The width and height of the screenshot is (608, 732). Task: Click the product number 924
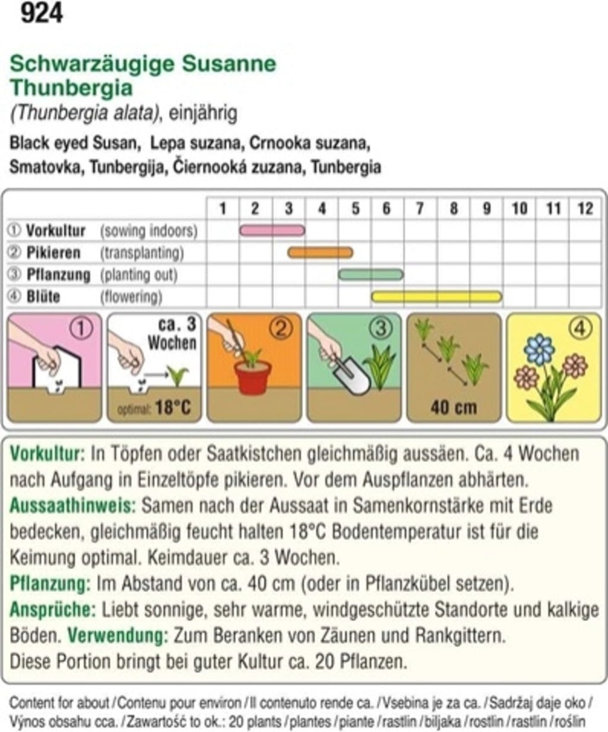point(42,13)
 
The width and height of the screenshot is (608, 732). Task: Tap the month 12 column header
point(585,208)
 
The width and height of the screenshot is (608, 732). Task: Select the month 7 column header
point(420,208)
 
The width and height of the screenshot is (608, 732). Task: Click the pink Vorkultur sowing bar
point(272,230)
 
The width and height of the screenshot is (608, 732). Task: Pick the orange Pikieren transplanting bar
point(320,253)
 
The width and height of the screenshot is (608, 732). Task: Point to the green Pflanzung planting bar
point(370,274)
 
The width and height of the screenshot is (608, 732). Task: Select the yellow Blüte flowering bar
point(436,296)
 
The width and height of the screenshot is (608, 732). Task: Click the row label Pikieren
point(53,253)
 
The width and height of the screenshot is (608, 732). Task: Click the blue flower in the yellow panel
point(539,349)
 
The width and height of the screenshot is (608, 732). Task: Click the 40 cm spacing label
point(454,408)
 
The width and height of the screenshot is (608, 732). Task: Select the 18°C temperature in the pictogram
point(172,408)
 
